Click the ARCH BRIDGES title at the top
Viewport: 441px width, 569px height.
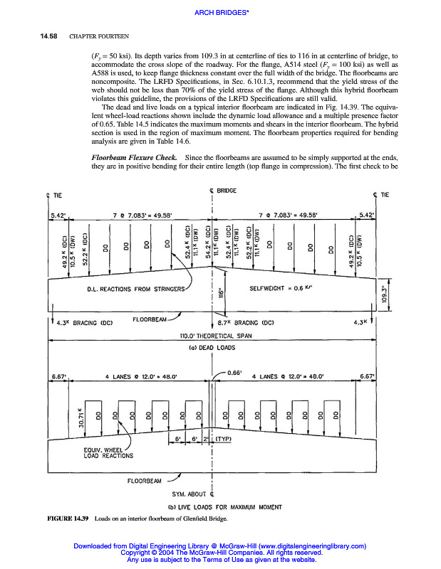click(x=220, y=13)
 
